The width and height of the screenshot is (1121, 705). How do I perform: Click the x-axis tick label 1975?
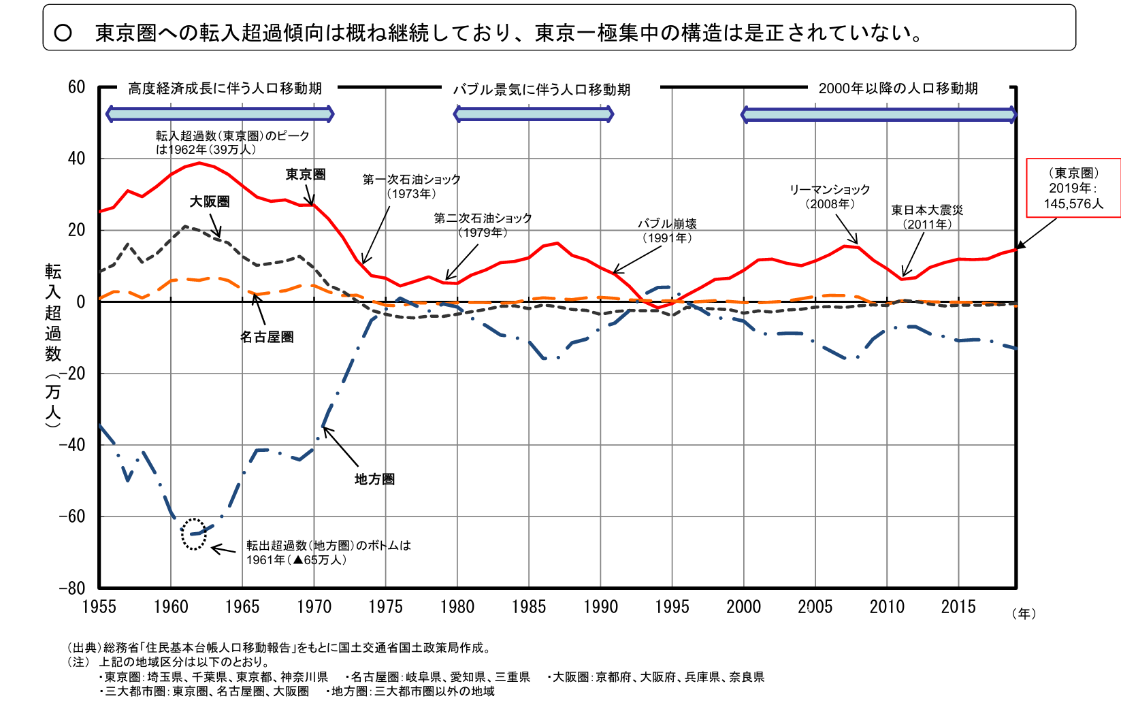click(x=385, y=606)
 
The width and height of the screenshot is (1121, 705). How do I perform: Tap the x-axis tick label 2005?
click(x=815, y=606)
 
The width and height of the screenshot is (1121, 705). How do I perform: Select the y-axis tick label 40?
click(x=76, y=159)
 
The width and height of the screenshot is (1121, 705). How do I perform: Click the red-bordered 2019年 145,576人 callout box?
click(x=1073, y=188)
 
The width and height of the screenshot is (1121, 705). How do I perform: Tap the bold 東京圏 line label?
click(x=306, y=175)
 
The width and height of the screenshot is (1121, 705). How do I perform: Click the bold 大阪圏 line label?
click(x=210, y=201)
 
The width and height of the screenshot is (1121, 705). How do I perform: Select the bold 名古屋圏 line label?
click(x=267, y=337)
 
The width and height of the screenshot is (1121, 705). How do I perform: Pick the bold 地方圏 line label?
click(x=374, y=479)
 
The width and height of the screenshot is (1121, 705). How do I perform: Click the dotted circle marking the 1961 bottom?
click(x=194, y=534)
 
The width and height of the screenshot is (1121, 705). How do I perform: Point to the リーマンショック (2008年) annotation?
click(x=830, y=197)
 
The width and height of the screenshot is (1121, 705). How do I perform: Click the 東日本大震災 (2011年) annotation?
click(x=927, y=217)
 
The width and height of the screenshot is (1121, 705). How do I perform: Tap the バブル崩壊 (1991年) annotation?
click(x=667, y=231)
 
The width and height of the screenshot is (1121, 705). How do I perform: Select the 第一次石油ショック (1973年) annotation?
click(x=411, y=186)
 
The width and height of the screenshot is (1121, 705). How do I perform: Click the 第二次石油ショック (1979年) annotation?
click(x=483, y=225)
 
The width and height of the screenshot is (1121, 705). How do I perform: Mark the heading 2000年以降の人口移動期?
click(x=898, y=88)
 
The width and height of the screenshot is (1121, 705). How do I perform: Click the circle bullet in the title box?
click(x=63, y=33)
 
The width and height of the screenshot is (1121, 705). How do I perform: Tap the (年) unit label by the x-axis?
click(x=1023, y=614)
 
